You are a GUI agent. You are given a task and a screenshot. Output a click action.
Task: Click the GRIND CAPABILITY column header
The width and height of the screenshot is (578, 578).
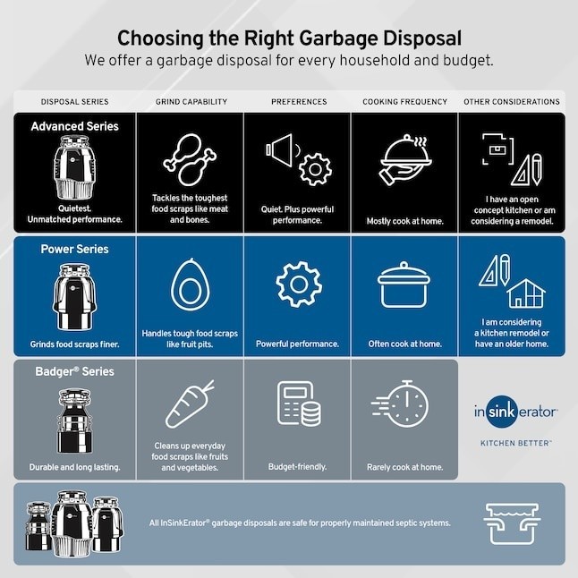point(191,102)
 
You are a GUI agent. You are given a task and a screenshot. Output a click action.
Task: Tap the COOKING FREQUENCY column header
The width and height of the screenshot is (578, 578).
point(404,102)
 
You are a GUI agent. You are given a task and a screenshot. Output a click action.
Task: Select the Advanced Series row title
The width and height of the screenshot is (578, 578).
point(75,126)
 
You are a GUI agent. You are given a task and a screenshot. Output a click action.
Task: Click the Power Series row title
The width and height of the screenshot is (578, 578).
point(75,250)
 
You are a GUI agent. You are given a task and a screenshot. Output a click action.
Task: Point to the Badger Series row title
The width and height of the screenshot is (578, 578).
point(75,371)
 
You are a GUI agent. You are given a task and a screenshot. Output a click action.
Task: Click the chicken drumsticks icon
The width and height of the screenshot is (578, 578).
point(190,159)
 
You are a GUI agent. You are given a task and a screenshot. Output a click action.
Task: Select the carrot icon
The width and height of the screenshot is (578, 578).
point(190,404)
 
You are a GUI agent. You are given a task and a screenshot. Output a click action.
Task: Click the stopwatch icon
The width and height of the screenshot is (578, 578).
point(400,404)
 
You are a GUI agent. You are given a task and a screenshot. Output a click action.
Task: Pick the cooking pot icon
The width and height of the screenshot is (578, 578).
point(404,285)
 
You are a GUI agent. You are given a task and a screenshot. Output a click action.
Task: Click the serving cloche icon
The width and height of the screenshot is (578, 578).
point(405,159)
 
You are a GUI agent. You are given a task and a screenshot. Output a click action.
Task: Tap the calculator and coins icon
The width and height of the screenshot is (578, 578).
point(299,404)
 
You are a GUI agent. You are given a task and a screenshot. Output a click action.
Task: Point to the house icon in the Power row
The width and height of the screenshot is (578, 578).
point(525,293)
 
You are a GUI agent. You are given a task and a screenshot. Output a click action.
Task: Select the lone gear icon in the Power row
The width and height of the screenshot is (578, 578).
point(299,285)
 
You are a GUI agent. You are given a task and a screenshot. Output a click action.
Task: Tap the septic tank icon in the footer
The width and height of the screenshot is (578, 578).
point(512,523)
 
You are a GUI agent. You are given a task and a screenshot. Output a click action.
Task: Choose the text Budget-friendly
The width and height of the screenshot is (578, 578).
point(297,467)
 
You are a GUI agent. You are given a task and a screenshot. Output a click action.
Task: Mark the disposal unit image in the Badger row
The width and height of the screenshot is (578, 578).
point(74,421)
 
